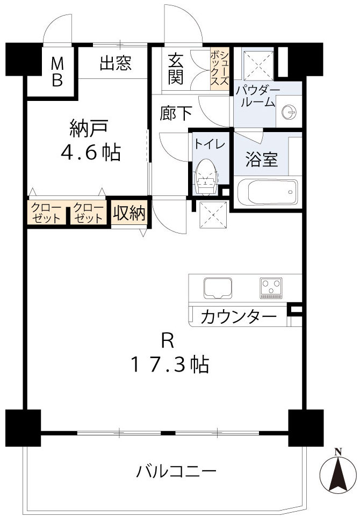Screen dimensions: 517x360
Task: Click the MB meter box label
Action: click(57, 72)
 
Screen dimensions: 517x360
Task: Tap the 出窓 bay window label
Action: click(116, 64)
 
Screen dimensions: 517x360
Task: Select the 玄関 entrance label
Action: click(176, 69)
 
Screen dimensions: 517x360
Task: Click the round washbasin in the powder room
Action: click(289, 111)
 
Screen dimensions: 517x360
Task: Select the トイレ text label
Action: click(205, 144)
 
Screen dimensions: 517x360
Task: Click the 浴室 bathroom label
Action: click(262, 160)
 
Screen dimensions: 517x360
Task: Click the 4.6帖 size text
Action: click(90, 153)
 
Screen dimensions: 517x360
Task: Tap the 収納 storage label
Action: click(129, 214)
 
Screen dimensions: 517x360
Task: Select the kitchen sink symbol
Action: click(218, 288)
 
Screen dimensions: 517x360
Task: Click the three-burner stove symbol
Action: click(271, 288)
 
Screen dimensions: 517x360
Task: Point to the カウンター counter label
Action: click(238, 317)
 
